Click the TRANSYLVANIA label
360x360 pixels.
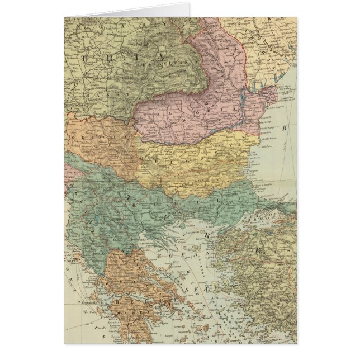coord(150,63)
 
